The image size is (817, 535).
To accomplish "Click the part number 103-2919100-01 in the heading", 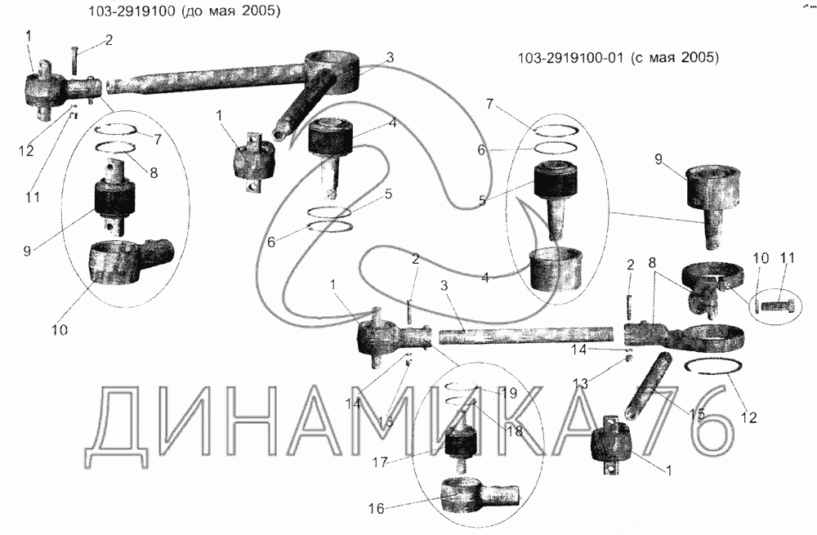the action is point(569,59).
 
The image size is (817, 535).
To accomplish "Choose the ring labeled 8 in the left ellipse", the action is point(116,149).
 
